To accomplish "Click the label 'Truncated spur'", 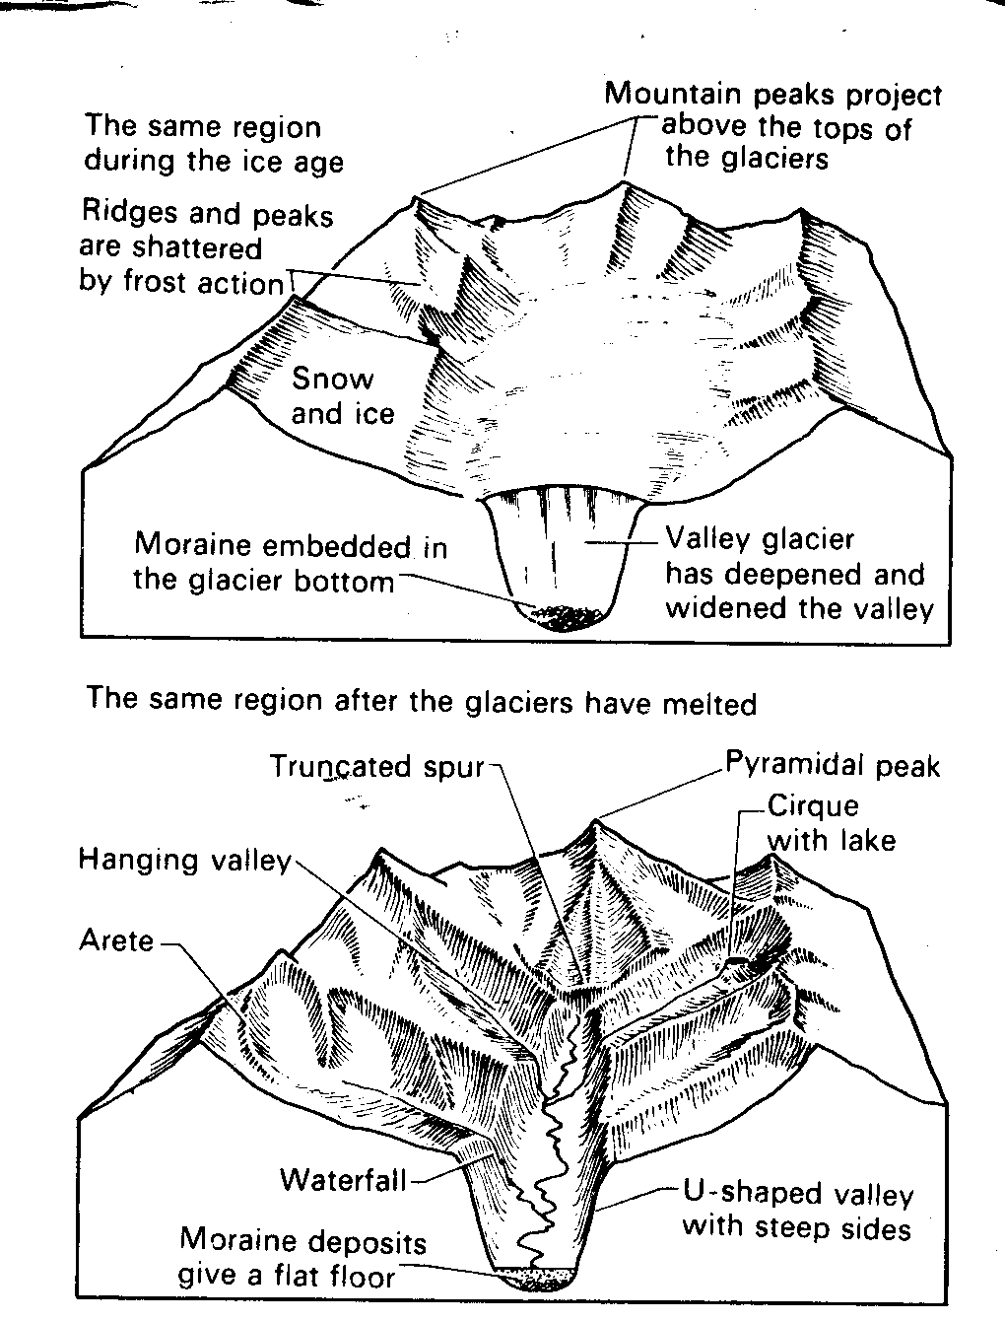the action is pos(377,767).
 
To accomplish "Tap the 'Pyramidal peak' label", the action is pos(833,764).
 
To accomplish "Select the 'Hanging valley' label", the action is pos(185,860).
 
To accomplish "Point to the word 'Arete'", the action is pos(116,940).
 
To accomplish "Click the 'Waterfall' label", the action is pos(344,1180).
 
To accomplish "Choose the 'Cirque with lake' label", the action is pos(832,823).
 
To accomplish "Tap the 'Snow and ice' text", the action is pos(343,396).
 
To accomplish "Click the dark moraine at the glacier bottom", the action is pos(565,617).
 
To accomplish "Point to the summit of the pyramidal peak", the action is pos(597,819).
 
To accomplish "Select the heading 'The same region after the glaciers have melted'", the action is pos(421,701).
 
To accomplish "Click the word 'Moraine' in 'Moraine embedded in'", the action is pos(193,544).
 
